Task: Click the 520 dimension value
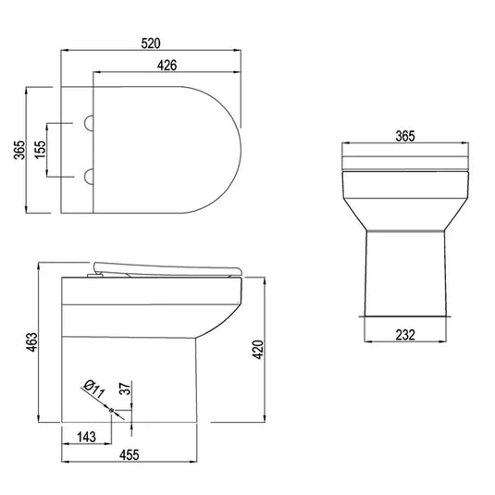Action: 153,43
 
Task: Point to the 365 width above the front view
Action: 404,135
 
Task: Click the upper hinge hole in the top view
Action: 90,122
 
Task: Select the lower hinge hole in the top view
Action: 90,175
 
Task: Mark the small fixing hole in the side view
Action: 112,411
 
